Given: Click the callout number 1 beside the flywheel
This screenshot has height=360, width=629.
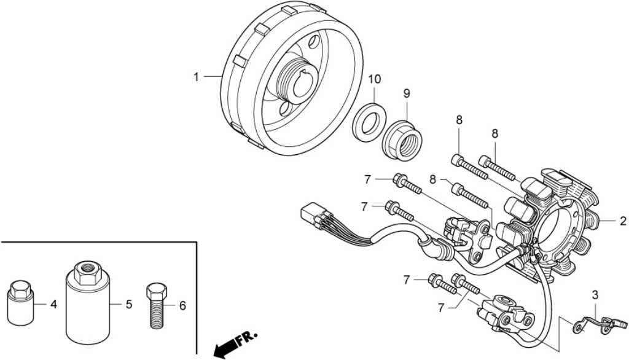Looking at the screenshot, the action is click(x=196, y=77).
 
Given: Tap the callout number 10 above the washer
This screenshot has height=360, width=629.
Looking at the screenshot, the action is click(x=374, y=79).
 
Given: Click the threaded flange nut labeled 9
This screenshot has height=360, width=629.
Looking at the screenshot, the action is click(x=402, y=138).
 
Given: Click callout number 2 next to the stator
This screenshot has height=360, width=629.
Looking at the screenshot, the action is click(x=623, y=221).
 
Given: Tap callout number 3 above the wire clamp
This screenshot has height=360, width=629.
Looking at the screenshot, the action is click(x=595, y=295).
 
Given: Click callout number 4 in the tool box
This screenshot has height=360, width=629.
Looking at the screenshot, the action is click(x=54, y=305).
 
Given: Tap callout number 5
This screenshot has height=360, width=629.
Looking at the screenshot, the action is click(x=129, y=304).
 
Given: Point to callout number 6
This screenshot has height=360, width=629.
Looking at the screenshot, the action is click(x=182, y=306).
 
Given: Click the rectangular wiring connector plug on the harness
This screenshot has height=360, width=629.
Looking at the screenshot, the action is click(x=312, y=216).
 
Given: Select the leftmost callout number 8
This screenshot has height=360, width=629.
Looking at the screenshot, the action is click(x=432, y=179).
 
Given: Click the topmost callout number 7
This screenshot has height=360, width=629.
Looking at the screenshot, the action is click(x=367, y=179).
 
